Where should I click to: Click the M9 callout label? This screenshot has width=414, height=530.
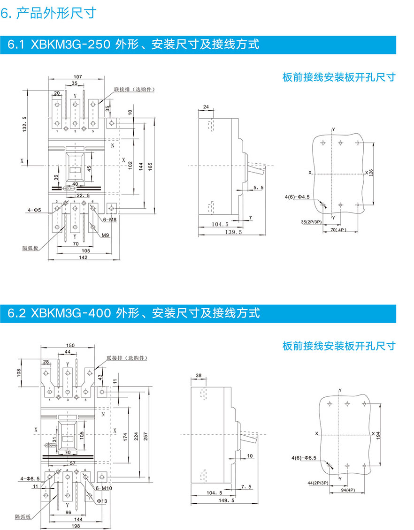pyautogui.click(x=106, y=235)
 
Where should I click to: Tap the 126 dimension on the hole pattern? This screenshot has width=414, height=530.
pyautogui.click(x=371, y=173)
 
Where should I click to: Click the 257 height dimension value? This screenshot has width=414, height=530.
pyautogui.click(x=150, y=436)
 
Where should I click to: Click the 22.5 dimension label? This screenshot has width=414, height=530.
pyautogui.click(x=83, y=196)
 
